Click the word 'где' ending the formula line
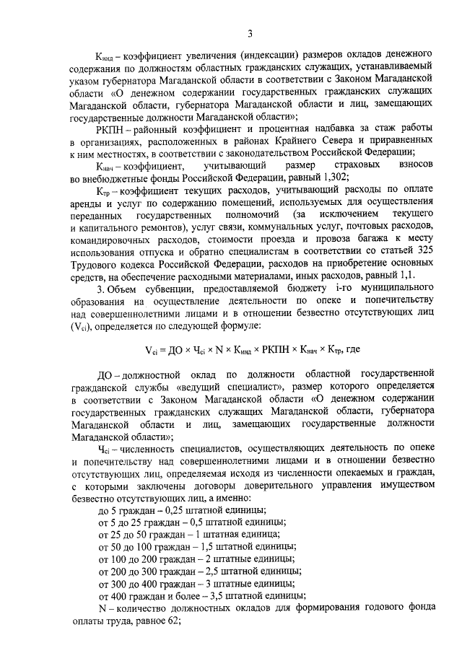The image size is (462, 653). tap(354, 350)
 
